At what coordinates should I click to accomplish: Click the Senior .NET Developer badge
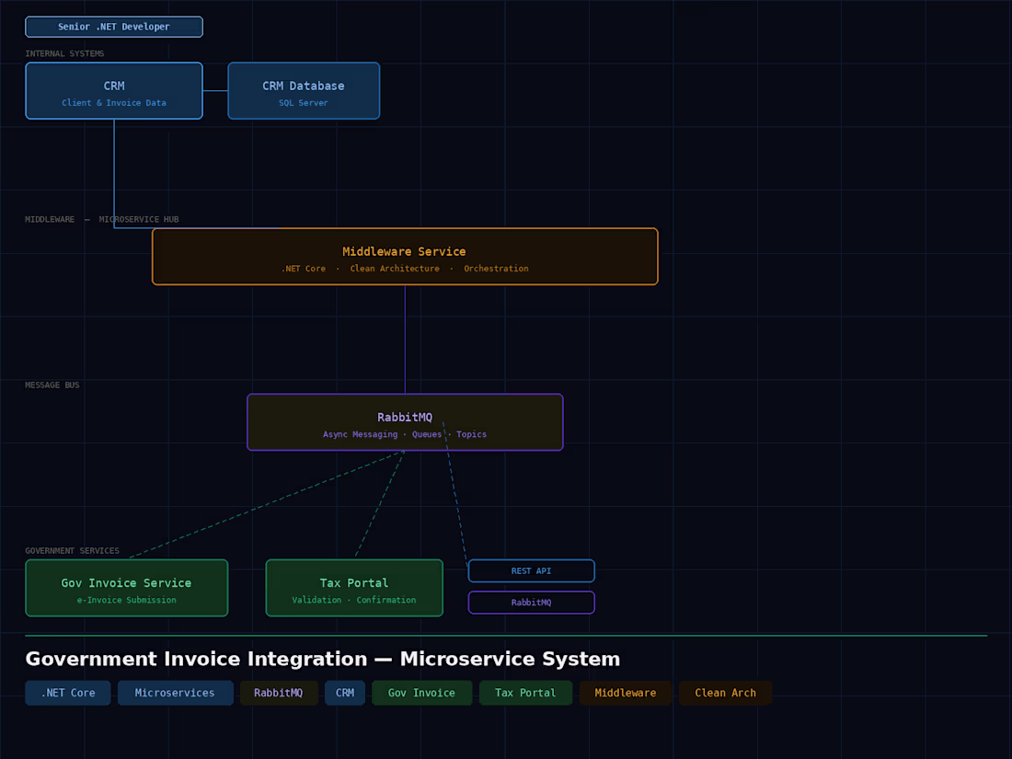pyautogui.click(x=114, y=27)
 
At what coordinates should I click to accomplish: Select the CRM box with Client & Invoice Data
pyautogui.click(x=114, y=91)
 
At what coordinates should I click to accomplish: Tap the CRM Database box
pyautogui.click(x=304, y=91)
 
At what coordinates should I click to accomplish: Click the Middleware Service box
pyautogui.click(x=405, y=257)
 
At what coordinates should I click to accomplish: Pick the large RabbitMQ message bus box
pyautogui.click(x=405, y=422)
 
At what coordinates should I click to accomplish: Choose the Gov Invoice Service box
pyautogui.click(x=126, y=588)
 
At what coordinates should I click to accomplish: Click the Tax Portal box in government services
pyautogui.click(x=354, y=588)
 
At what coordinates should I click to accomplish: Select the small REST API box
pyautogui.click(x=531, y=571)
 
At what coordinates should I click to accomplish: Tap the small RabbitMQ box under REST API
pyautogui.click(x=531, y=603)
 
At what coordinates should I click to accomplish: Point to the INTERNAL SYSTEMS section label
pyautogui.click(x=64, y=54)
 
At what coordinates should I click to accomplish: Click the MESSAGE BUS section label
pyautogui.click(x=52, y=385)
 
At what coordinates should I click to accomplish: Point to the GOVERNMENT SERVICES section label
pyautogui.click(x=72, y=551)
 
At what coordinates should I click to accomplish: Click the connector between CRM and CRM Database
pyautogui.click(x=215, y=91)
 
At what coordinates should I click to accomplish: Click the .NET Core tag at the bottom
pyautogui.click(x=68, y=693)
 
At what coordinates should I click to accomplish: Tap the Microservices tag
pyautogui.click(x=175, y=693)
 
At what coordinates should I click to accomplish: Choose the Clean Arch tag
pyautogui.click(x=725, y=693)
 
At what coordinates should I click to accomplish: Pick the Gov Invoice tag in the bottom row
pyautogui.click(x=421, y=693)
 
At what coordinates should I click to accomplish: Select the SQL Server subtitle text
pyautogui.click(x=304, y=103)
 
